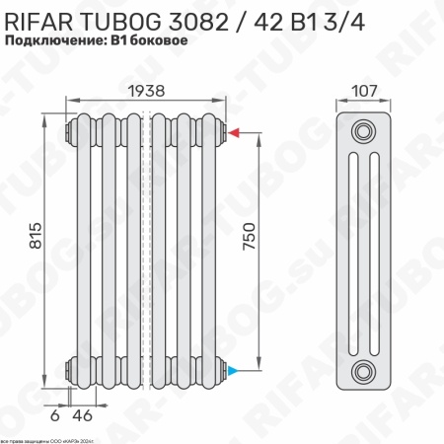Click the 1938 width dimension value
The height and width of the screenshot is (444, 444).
pos(146,89)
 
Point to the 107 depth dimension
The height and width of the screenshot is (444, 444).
pos(366,90)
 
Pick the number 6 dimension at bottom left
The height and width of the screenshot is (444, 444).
pos(55,414)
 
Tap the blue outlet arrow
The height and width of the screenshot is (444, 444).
pos(234,371)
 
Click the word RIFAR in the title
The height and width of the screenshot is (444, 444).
pos(41,19)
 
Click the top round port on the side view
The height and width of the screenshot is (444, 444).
pos(366,132)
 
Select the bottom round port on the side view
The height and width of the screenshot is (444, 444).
pos(366,372)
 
